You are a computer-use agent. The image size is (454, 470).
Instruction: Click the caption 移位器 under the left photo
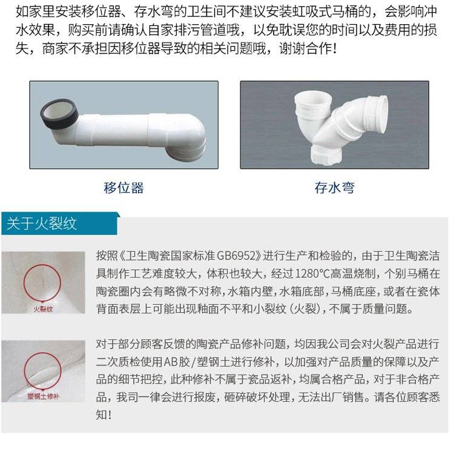click(x=123, y=188)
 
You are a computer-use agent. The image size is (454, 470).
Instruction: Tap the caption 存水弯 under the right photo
click(x=334, y=188)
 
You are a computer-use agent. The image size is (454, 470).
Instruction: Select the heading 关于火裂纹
click(x=42, y=224)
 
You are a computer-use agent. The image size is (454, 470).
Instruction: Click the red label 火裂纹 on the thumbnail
click(x=43, y=308)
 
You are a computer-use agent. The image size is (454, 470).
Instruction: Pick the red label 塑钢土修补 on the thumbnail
click(x=43, y=396)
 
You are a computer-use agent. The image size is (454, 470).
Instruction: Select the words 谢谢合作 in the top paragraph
click(x=305, y=48)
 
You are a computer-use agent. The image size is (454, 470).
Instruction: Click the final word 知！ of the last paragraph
click(x=104, y=415)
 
